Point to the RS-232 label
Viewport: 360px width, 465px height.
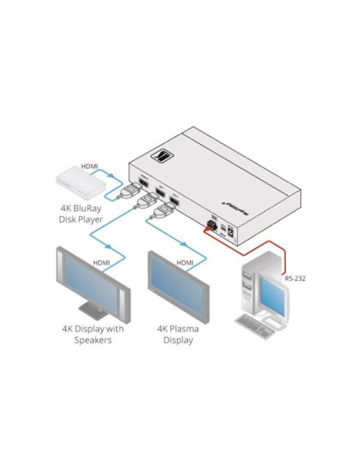296,279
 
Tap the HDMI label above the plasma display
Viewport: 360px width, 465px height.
185,262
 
